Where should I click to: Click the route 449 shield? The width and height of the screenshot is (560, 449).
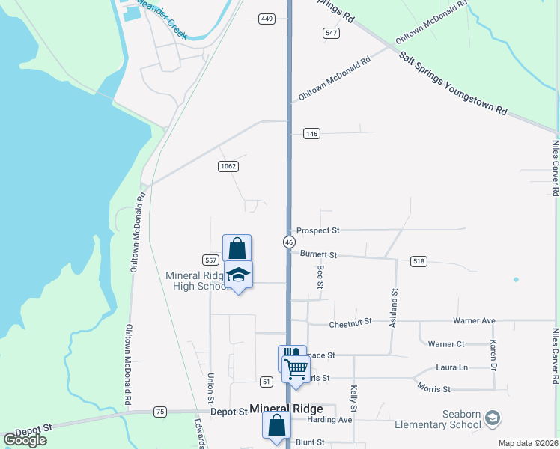click(267, 19)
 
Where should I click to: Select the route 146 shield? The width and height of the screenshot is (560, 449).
click(312, 134)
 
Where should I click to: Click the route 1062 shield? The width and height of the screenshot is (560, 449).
click(228, 165)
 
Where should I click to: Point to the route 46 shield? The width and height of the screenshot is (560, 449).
click(288, 242)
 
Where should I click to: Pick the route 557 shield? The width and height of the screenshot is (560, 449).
click(210, 260)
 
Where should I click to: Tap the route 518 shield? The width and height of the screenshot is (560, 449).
click(419, 261)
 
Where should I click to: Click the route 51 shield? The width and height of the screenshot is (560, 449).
click(267, 382)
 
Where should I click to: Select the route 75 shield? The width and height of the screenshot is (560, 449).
click(159, 412)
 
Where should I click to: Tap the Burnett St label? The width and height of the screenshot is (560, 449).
click(318, 254)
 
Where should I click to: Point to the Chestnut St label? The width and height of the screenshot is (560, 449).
click(351, 323)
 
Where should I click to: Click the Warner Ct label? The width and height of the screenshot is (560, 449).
click(445, 344)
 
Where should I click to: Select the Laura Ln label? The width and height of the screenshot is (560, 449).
click(451, 367)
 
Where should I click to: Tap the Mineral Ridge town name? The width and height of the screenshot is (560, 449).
click(286, 409)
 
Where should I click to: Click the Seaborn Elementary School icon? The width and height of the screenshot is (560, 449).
click(493, 417)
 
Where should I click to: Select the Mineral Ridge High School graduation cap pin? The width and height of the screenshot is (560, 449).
click(238, 276)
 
